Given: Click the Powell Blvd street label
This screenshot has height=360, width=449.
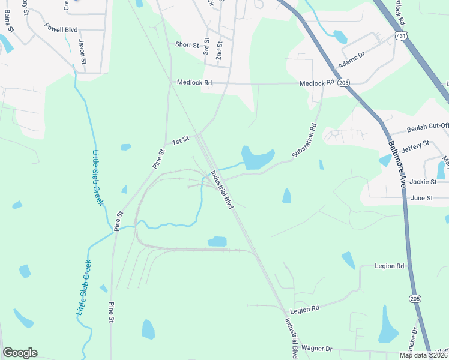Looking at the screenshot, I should [x=61, y=28].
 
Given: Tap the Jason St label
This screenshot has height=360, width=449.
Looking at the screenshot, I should [x=83, y=52].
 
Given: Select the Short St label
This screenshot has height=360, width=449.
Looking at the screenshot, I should [x=187, y=45].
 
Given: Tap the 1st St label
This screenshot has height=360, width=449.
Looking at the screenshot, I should [x=181, y=140].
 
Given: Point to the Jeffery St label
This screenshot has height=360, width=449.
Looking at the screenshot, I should [x=416, y=144].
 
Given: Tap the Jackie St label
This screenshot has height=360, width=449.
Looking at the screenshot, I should [x=422, y=181].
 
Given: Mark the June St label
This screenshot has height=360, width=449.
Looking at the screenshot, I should [x=421, y=197].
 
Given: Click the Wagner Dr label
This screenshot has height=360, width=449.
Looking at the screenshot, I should [x=316, y=348].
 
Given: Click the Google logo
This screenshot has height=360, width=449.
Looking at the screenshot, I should [x=20, y=353].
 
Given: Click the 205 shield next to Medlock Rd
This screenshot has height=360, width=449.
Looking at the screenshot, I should [x=343, y=82].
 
